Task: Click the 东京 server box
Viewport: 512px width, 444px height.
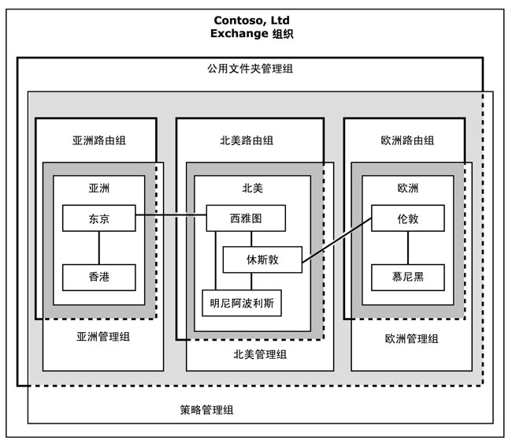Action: (99, 218)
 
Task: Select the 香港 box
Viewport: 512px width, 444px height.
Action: (99, 277)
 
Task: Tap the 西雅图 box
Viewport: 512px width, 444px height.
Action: (246, 218)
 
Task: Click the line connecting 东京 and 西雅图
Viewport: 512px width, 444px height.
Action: (171, 215)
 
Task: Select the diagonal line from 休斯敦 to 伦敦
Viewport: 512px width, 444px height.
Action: (336, 241)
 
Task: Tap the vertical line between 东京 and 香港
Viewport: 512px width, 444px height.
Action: (99, 248)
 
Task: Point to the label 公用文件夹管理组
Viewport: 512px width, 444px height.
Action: (251, 69)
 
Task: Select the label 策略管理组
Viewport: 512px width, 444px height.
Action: (206, 410)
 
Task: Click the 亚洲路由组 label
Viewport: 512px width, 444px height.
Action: (99, 140)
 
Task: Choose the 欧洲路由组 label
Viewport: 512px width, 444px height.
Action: (406, 140)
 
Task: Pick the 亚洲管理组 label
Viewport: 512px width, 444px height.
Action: (103, 336)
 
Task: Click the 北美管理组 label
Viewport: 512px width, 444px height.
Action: (261, 354)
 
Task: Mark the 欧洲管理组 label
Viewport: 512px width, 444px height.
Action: (412, 338)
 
